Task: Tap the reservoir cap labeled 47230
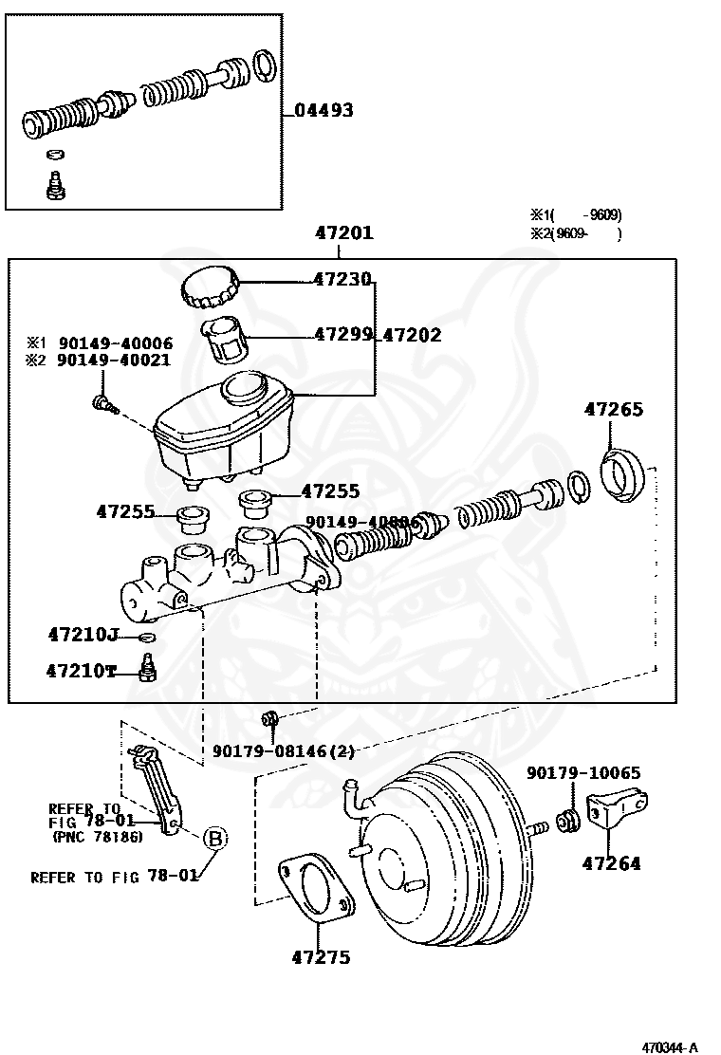tap(210, 287)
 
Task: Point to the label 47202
tap(412, 335)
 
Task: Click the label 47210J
tap(83, 633)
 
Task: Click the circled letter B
tap(216, 838)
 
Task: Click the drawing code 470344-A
tap(670, 1047)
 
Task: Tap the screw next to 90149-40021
tap(102, 405)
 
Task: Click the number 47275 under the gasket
tap(321, 957)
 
